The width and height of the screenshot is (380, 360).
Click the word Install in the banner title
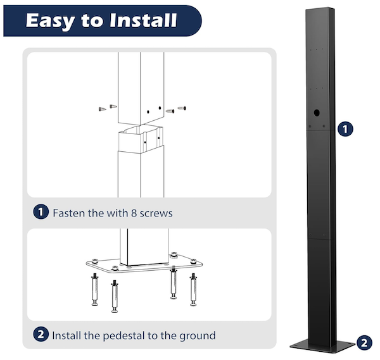click(x=143, y=20)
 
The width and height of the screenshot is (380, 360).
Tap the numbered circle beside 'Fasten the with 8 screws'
click(x=41, y=212)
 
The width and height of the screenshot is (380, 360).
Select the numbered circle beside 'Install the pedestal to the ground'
click(x=41, y=334)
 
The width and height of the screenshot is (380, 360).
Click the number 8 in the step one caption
click(x=134, y=213)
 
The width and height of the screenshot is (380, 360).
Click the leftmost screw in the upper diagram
click(x=102, y=109)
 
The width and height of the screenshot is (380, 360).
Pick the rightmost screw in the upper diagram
click(x=182, y=108)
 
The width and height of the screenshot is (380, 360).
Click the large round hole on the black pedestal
click(x=317, y=113)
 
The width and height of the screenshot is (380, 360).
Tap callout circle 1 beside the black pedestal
click(x=345, y=129)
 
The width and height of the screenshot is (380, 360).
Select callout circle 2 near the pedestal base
click(x=364, y=343)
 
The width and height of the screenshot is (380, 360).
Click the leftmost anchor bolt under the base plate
click(x=95, y=289)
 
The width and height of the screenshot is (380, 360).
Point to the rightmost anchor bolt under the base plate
click(x=193, y=290)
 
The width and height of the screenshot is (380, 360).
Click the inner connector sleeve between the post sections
click(x=141, y=139)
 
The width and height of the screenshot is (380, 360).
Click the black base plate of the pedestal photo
click(x=322, y=345)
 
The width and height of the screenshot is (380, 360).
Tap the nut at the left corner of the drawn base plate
click(x=94, y=261)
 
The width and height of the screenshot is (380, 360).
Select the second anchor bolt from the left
click(x=115, y=296)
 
